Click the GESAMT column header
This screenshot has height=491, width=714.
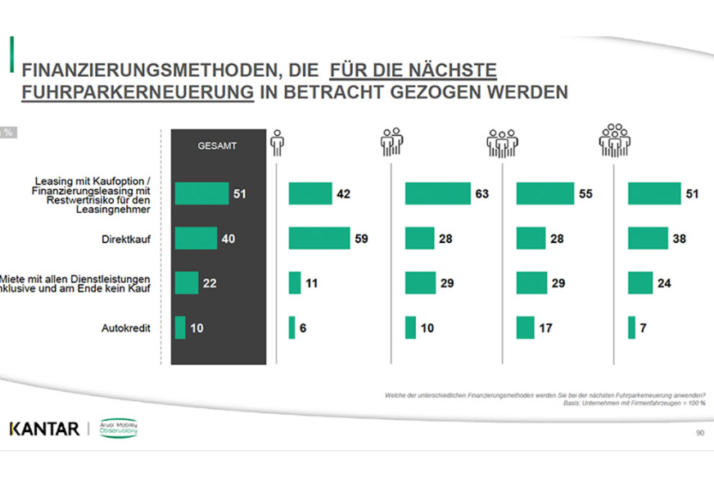[x=217, y=146]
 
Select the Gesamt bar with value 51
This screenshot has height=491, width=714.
[x=201, y=194]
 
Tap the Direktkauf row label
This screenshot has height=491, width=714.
[x=137, y=239]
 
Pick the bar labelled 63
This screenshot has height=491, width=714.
[x=437, y=194]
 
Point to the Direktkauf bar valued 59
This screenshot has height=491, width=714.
[x=319, y=239]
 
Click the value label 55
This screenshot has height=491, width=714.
[x=585, y=194]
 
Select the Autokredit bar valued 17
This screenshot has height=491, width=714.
[x=525, y=328]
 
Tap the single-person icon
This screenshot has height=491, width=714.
[x=277, y=142]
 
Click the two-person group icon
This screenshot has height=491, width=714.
[x=391, y=142]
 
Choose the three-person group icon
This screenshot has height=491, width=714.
[x=502, y=142]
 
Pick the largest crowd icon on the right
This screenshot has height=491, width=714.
[x=614, y=140]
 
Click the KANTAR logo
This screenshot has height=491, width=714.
[x=44, y=429]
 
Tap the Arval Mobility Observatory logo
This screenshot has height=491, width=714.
[x=119, y=428]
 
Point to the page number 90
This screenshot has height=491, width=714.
[x=699, y=432]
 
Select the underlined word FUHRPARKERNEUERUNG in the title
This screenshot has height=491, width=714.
[x=138, y=92]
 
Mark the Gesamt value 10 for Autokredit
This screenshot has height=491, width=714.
[x=198, y=328]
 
